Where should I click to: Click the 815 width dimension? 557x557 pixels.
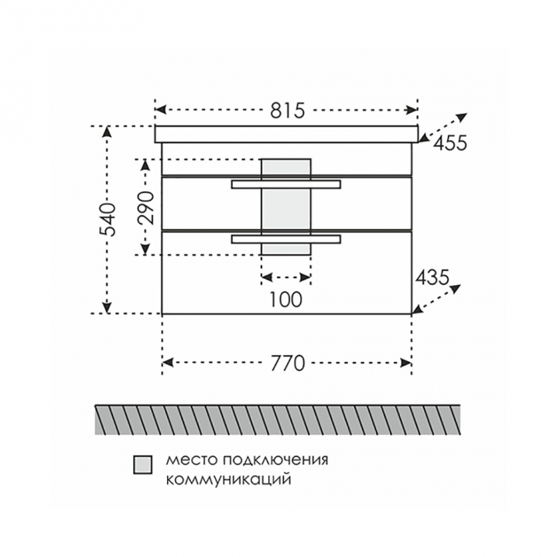[x=287, y=110]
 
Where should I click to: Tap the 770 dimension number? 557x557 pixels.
[x=288, y=363]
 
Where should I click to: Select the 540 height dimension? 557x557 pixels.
[x=108, y=220]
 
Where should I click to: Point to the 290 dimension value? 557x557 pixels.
[x=145, y=208]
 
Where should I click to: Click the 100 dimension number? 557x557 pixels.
[x=286, y=299]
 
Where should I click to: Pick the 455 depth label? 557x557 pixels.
[x=450, y=143]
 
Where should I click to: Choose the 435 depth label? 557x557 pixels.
[x=432, y=277]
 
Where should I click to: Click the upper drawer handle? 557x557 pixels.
[x=286, y=184]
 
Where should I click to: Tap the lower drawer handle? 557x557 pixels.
[x=286, y=239]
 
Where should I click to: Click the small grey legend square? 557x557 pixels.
[x=143, y=465]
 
